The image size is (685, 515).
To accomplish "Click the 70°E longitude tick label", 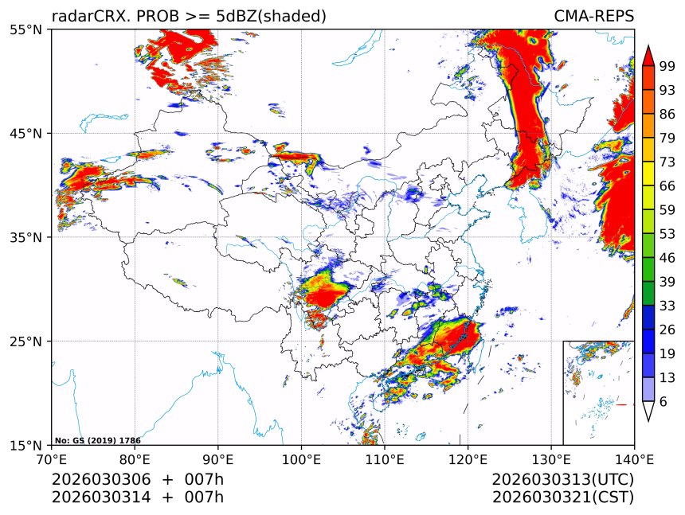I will click(x=52, y=458).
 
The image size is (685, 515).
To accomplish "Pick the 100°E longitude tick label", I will click(x=301, y=458).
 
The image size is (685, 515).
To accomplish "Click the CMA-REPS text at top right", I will click(x=593, y=17).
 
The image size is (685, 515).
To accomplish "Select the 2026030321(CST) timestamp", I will click(x=562, y=497).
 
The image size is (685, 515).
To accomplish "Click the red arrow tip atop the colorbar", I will click(x=648, y=55).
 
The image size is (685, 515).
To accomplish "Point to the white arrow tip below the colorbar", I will click(x=648, y=412).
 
